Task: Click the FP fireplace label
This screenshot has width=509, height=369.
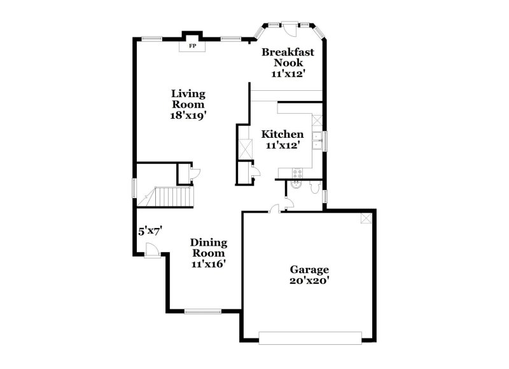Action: click(x=192, y=46)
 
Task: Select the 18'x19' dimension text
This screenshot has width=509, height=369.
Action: click(x=188, y=116)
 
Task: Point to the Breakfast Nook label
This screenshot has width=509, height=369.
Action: click(x=288, y=57)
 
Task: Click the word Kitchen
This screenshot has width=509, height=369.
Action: click(x=282, y=135)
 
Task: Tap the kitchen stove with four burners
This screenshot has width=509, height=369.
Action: click(x=296, y=172)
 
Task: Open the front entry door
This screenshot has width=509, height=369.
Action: click(x=152, y=252)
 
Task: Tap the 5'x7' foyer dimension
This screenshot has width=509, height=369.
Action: click(x=151, y=231)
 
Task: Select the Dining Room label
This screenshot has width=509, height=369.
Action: click(x=209, y=248)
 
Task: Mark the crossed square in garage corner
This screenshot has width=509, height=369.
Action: click(x=366, y=218)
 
